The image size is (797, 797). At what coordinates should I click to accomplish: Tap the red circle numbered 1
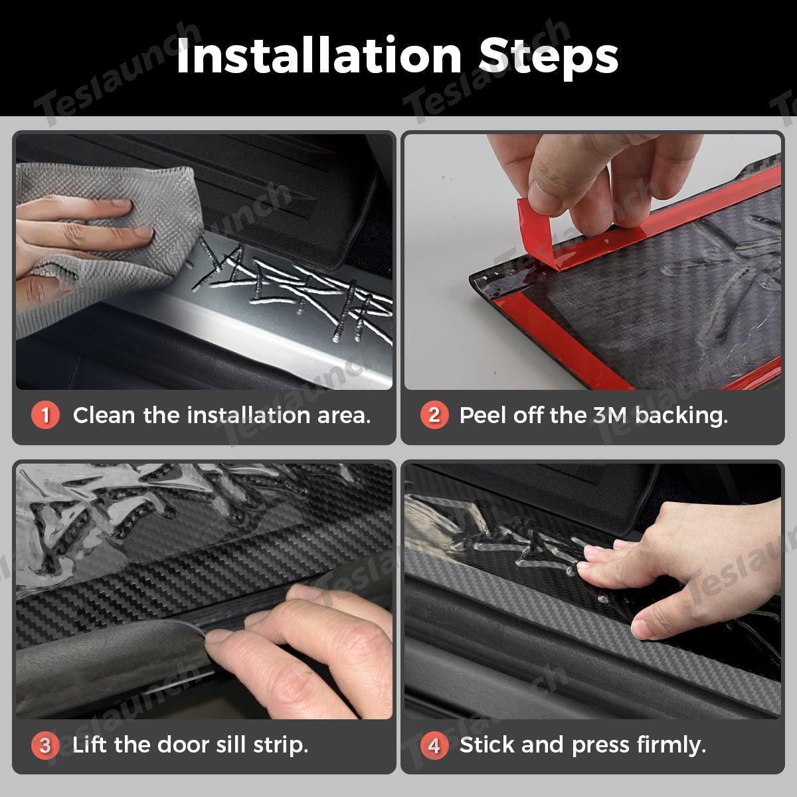click(45, 416)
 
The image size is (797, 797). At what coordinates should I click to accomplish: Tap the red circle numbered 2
click(434, 416)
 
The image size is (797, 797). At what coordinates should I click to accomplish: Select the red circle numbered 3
click(45, 745)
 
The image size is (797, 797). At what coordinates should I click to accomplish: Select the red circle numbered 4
click(434, 745)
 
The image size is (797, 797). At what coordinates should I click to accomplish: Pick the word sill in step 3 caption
click(232, 745)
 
